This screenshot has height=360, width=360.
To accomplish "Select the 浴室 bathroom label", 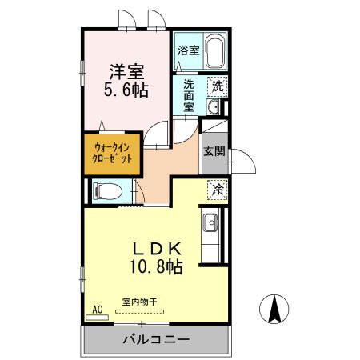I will [x=188, y=49].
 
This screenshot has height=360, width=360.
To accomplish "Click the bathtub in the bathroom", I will [x=214, y=52].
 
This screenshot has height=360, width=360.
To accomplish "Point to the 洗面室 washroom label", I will [x=189, y=94].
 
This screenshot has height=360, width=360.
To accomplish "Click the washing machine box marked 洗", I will [x=218, y=86].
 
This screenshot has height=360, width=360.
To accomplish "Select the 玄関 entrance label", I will [x=212, y=151].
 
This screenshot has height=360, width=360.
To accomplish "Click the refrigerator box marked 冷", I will [x=218, y=190].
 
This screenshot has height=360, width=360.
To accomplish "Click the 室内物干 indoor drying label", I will [x=140, y=302].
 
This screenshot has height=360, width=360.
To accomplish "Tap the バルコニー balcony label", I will [x=156, y=340].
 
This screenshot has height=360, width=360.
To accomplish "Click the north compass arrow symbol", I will [x=274, y=307].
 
